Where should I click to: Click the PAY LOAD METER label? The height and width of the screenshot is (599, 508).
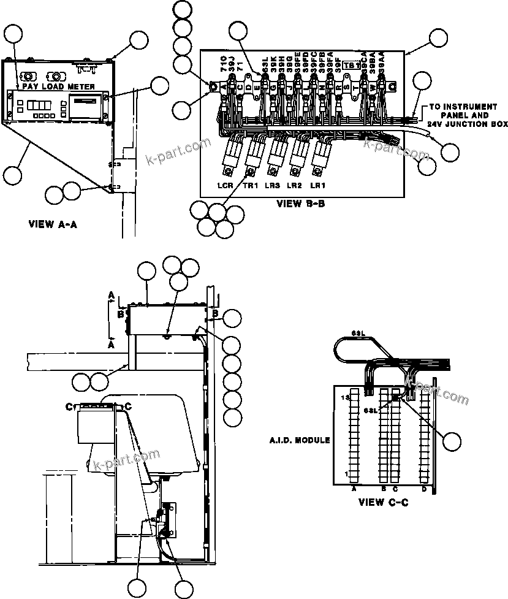pos(56,87)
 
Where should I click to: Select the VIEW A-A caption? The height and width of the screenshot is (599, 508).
pos(53,224)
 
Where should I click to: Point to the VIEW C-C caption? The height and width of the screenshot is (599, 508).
pos(383,502)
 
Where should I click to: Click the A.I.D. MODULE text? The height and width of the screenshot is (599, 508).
pos(300,440)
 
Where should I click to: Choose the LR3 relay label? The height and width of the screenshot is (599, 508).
pos(273,185)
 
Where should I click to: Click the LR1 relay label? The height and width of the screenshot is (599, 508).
pos(317,185)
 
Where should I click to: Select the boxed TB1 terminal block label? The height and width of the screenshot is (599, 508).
pos(351,65)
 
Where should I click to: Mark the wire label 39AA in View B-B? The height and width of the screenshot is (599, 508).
pos(382,62)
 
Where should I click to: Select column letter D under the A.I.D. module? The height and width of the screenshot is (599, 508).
pos(423,489)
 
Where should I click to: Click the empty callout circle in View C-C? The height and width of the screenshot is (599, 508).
pos(453,441)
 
